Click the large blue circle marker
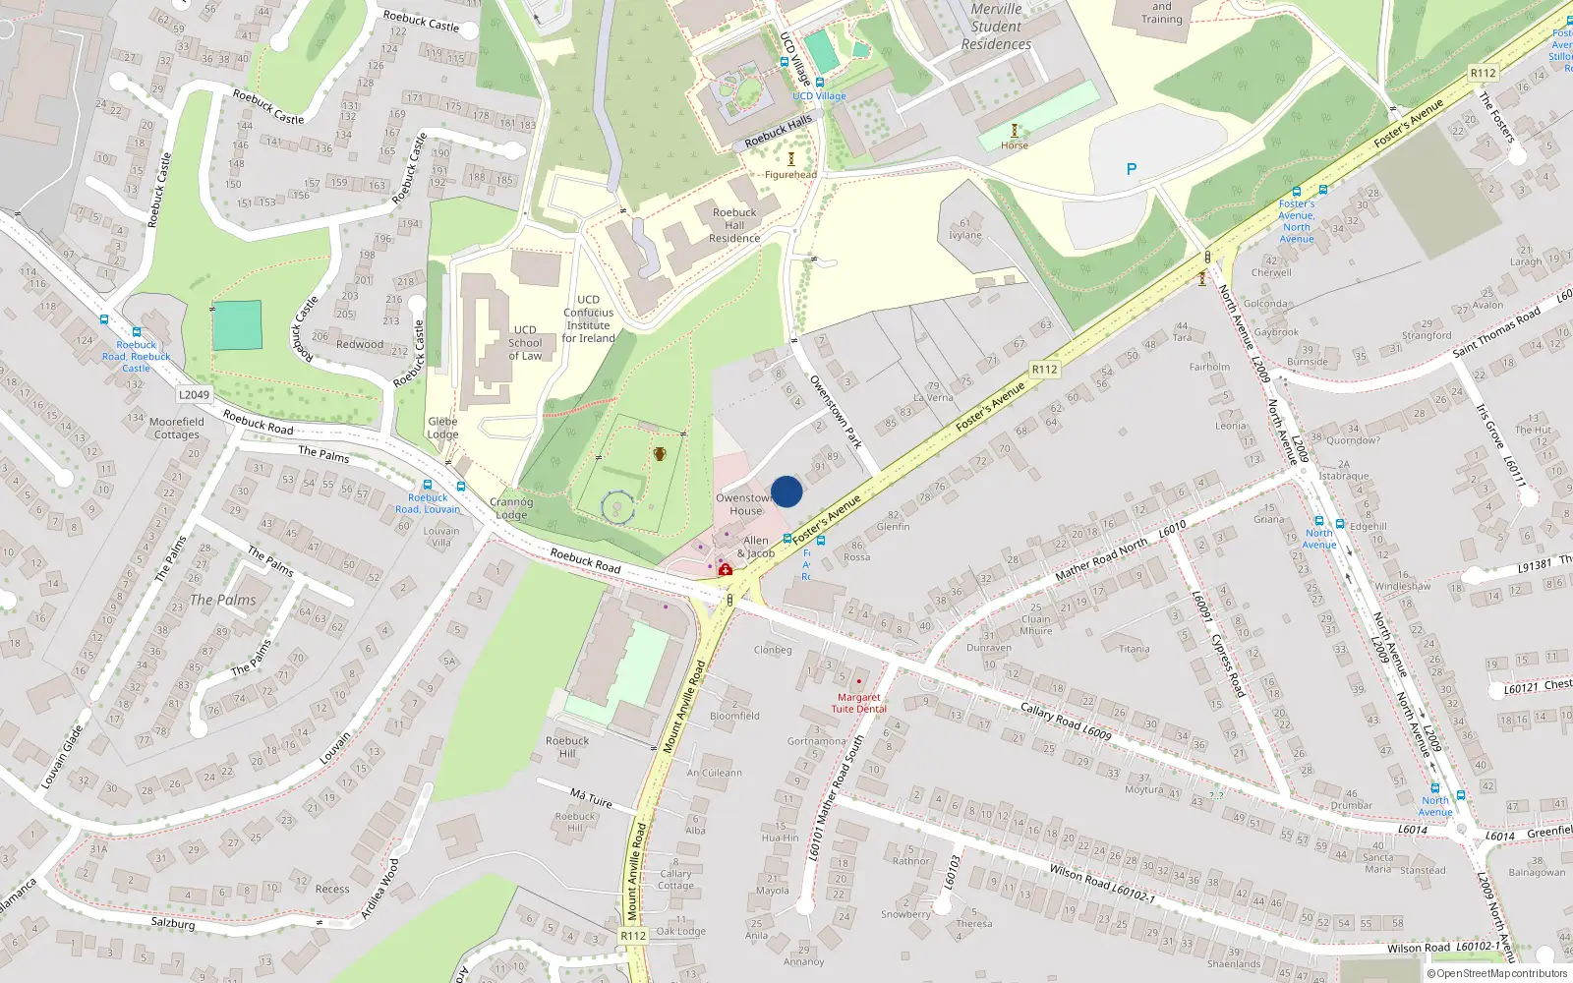[786, 491]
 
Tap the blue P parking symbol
[1132, 169]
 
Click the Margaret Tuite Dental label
[858, 703]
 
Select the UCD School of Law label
[525, 343]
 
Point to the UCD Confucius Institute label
[588, 318]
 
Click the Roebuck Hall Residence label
[734, 225]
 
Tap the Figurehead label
[790, 175]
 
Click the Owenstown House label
[745, 504]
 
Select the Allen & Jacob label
[755, 547]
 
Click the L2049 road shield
[194, 395]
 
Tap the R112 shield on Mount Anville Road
[633, 936]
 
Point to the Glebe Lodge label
[442, 428]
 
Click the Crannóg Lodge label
[511, 508]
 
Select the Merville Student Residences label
[996, 27]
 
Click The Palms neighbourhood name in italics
[222, 600]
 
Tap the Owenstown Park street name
[836, 411]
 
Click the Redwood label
[360, 344]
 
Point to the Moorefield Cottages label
[177, 428]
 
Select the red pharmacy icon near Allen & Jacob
[725, 569]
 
